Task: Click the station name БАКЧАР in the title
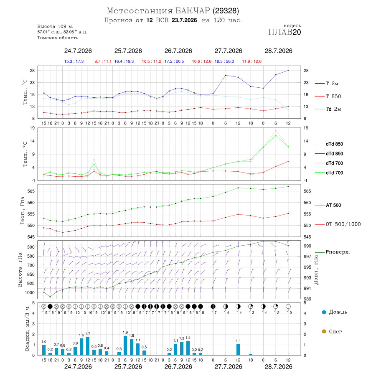pyautogui.click(x=193, y=11)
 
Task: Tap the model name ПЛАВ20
pyautogui.click(x=285, y=32)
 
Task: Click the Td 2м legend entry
pyautogui.click(x=328, y=109)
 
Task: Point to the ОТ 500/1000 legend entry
pyautogui.click(x=338, y=224)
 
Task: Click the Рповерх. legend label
pyautogui.click(x=338, y=252)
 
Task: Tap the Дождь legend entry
pyautogui.click(x=335, y=312)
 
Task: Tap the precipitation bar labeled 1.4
pyautogui.click(x=188, y=348)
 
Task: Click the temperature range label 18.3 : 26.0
pyautogui.click(x=224, y=61)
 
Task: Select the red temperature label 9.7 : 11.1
pyautogui.click(x=103, y=61)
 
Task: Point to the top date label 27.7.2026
pyautogui.click(x=228, y=51)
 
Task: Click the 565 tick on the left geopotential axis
pyautogui.click(x=31, y=191)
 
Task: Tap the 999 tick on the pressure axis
pyautogui.click(x=307, y=246)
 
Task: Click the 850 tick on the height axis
pyautogui.click(x=30, y=274)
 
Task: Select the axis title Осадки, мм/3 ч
pyautogui.click(x=27, y=329)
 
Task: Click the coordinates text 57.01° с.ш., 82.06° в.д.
pyautogui.click(x=62, y=32)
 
